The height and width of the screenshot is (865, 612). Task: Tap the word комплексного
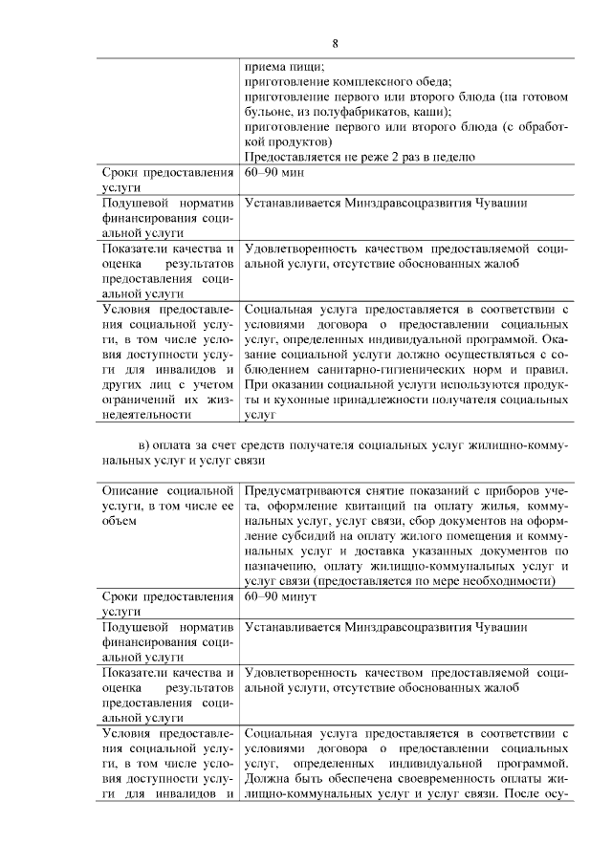[357, 82]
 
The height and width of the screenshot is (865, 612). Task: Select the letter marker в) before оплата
[145, 446]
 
